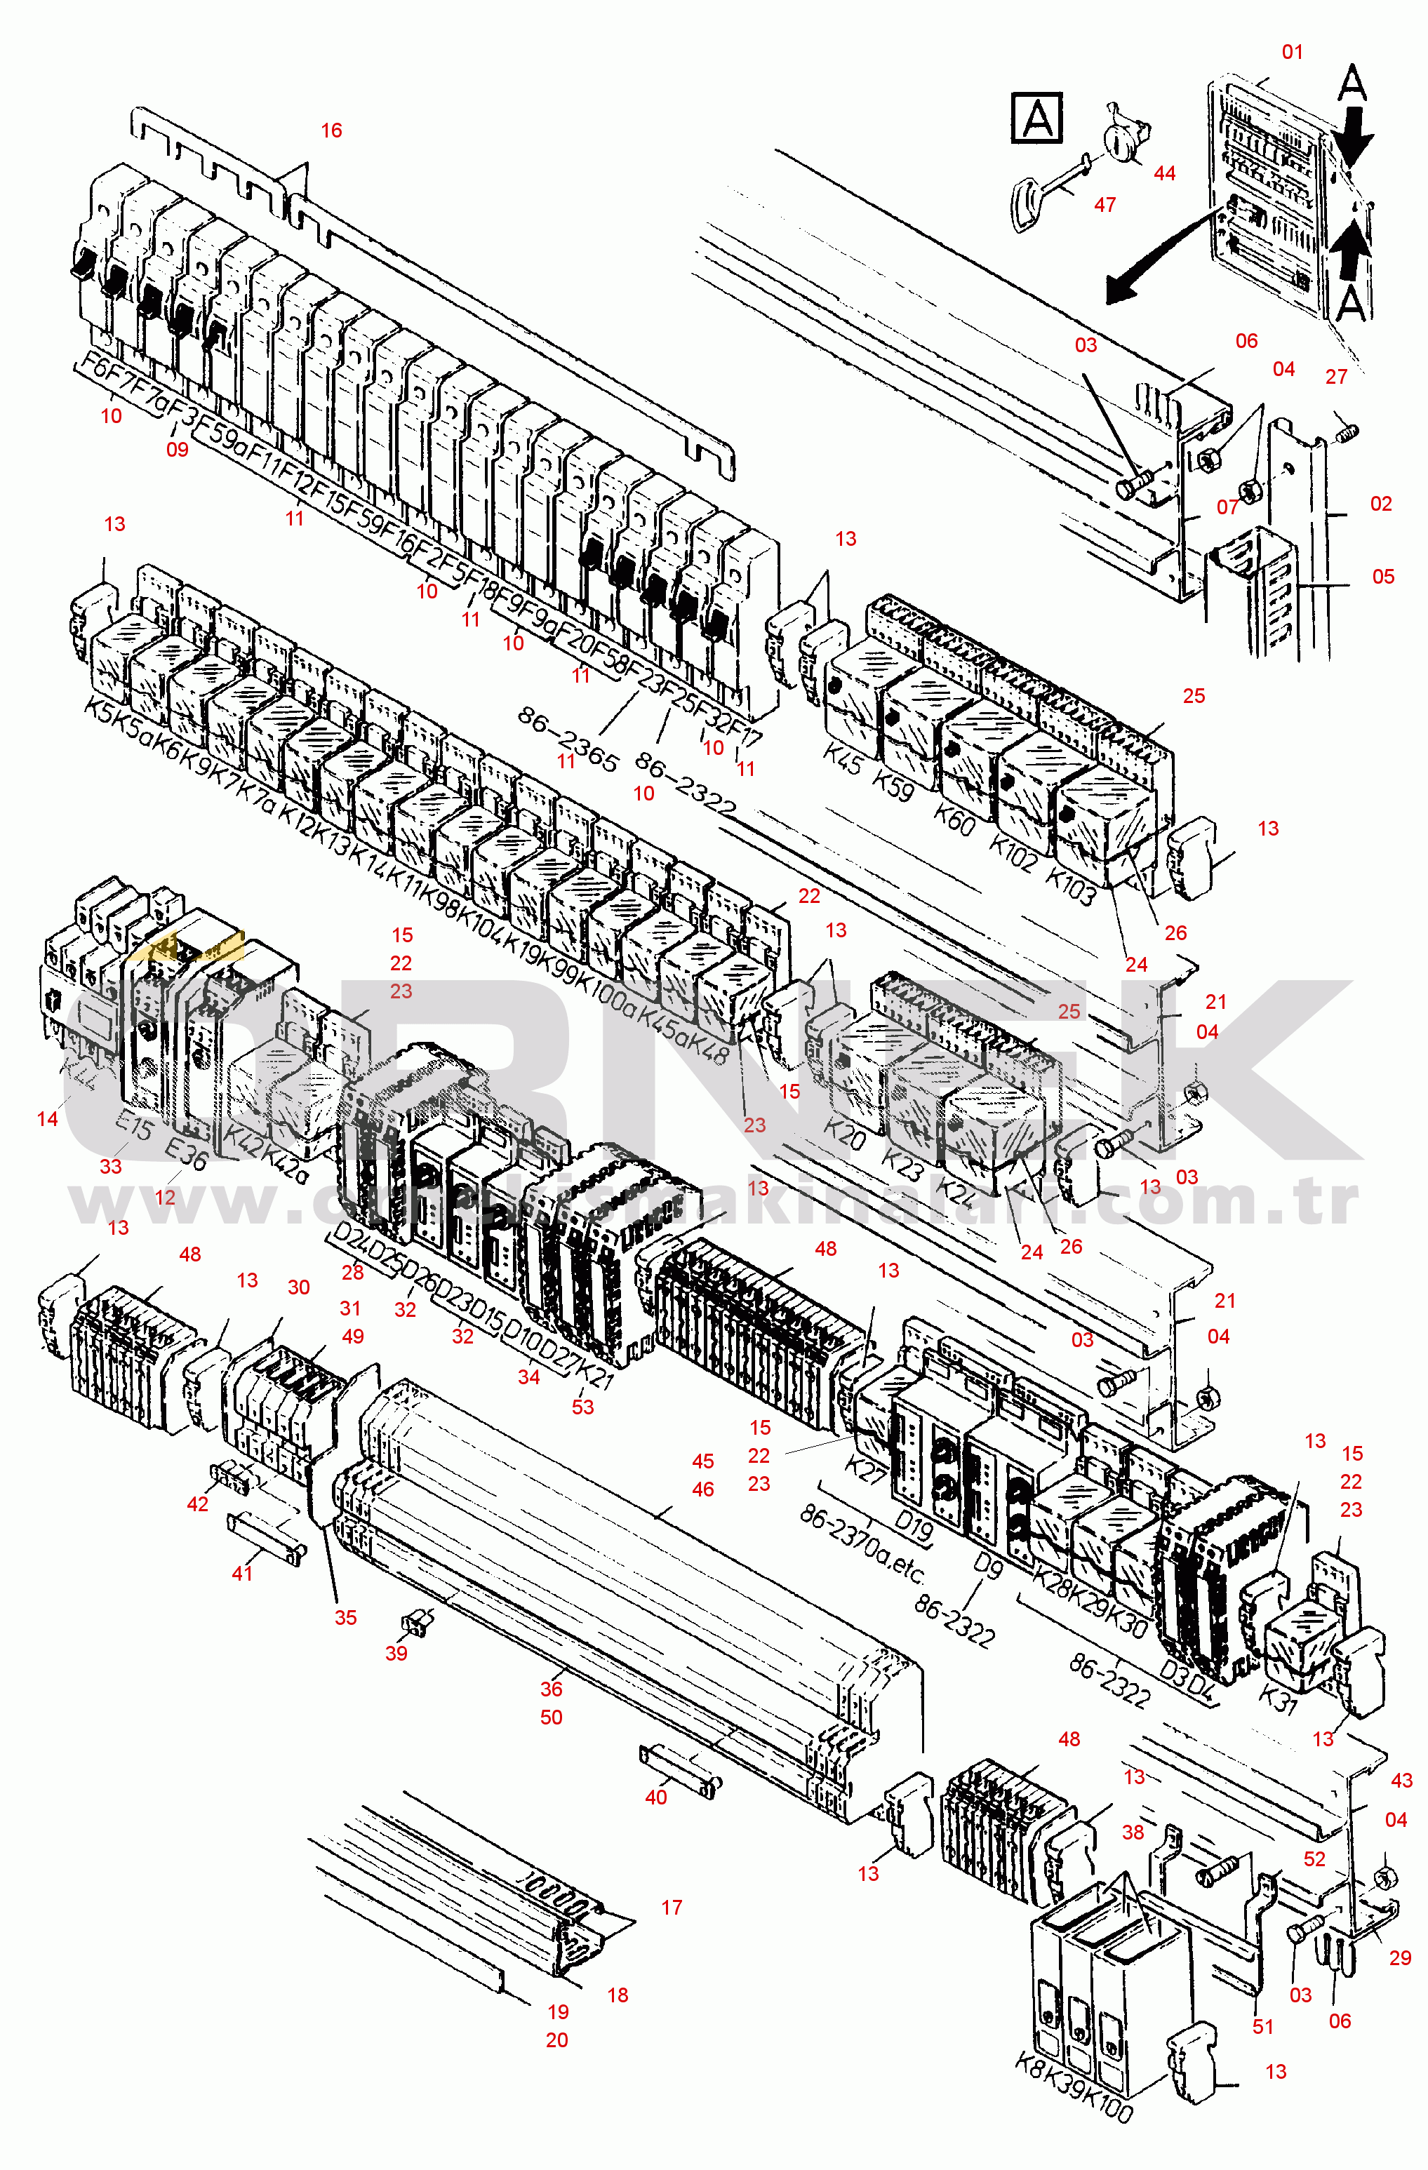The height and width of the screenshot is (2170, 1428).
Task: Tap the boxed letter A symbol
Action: [x=1037, y=118]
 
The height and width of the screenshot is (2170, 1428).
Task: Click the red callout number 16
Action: [x=331, y=130]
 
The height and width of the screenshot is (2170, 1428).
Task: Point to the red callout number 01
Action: [x=1292, y=52]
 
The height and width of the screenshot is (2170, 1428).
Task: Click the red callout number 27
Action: [x=1336, y=377]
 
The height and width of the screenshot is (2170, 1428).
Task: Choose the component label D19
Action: [x=913, y=1525]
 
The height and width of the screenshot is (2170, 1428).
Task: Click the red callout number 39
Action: [x=396, y=1653]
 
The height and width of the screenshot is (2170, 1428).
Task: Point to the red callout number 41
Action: [x=241, y=1573]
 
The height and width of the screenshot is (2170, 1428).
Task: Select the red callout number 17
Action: [x=671, y=1908]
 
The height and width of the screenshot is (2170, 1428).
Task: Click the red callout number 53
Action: [x=582, y=1407]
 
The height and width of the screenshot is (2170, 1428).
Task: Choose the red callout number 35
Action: [x=346, y=1617]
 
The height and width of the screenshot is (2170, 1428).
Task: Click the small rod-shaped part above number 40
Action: [x=681, y=1769]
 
